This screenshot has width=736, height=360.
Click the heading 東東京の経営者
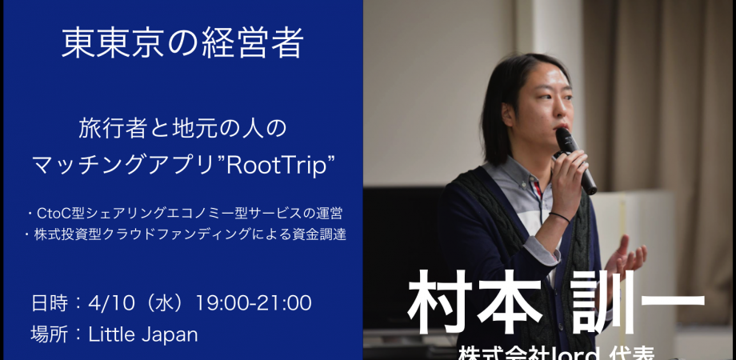click(182, 43)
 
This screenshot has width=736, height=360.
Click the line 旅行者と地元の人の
click(182, 127)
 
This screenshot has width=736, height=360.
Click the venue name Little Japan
click(144, 334)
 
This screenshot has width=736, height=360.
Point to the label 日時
click(48, 303)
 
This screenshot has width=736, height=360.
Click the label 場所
click(48, 334)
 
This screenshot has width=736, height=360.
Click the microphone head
click(566, 141)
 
